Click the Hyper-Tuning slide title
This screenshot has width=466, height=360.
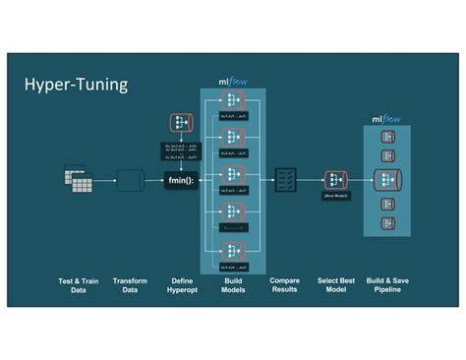(76, 85)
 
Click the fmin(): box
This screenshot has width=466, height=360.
(181, 179)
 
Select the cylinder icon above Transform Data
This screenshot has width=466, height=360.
(130, 179)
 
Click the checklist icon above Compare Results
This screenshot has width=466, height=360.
(285, 179)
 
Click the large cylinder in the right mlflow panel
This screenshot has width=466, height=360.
(387, 179)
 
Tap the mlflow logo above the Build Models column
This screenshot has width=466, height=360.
(233, 83)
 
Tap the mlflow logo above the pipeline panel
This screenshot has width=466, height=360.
(386, 119)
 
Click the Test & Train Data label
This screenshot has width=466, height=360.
(78, 285)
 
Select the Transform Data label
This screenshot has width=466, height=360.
(130, 285)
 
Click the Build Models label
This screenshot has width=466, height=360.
(233, 285)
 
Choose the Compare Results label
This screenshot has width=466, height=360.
(285, 285)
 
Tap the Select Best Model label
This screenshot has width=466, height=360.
(337, 285)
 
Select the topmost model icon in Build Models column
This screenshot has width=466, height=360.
(233, 101)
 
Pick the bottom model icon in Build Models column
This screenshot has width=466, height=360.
(233, 249)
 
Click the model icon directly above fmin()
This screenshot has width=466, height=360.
(181, 123)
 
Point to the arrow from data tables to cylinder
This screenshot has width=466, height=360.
(105, 180)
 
